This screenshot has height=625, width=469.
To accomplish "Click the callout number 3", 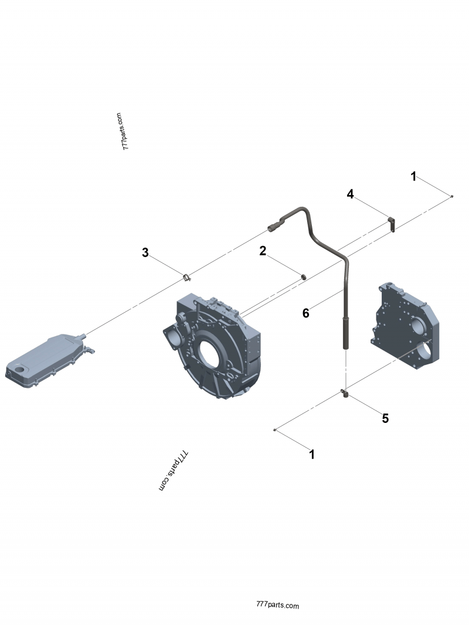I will (145, 253).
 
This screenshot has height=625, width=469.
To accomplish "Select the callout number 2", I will (263, 251).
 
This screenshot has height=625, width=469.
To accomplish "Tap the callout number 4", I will (350, 194).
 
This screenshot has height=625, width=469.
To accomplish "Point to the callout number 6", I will (305, 313).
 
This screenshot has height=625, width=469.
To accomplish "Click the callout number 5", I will (385, 418).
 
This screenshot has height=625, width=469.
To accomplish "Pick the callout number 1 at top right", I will (413, 176).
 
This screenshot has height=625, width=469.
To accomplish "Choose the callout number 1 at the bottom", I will (312, 454).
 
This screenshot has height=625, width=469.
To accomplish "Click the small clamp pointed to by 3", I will (186, 276).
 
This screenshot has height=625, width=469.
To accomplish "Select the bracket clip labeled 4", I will (391, 223).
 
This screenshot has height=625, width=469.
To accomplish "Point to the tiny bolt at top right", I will (451, 196).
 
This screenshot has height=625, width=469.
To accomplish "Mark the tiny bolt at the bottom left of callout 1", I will (274, 431).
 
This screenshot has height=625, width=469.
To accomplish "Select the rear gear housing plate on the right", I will (407, 328).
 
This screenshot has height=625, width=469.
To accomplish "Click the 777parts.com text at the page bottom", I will (278, 606).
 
